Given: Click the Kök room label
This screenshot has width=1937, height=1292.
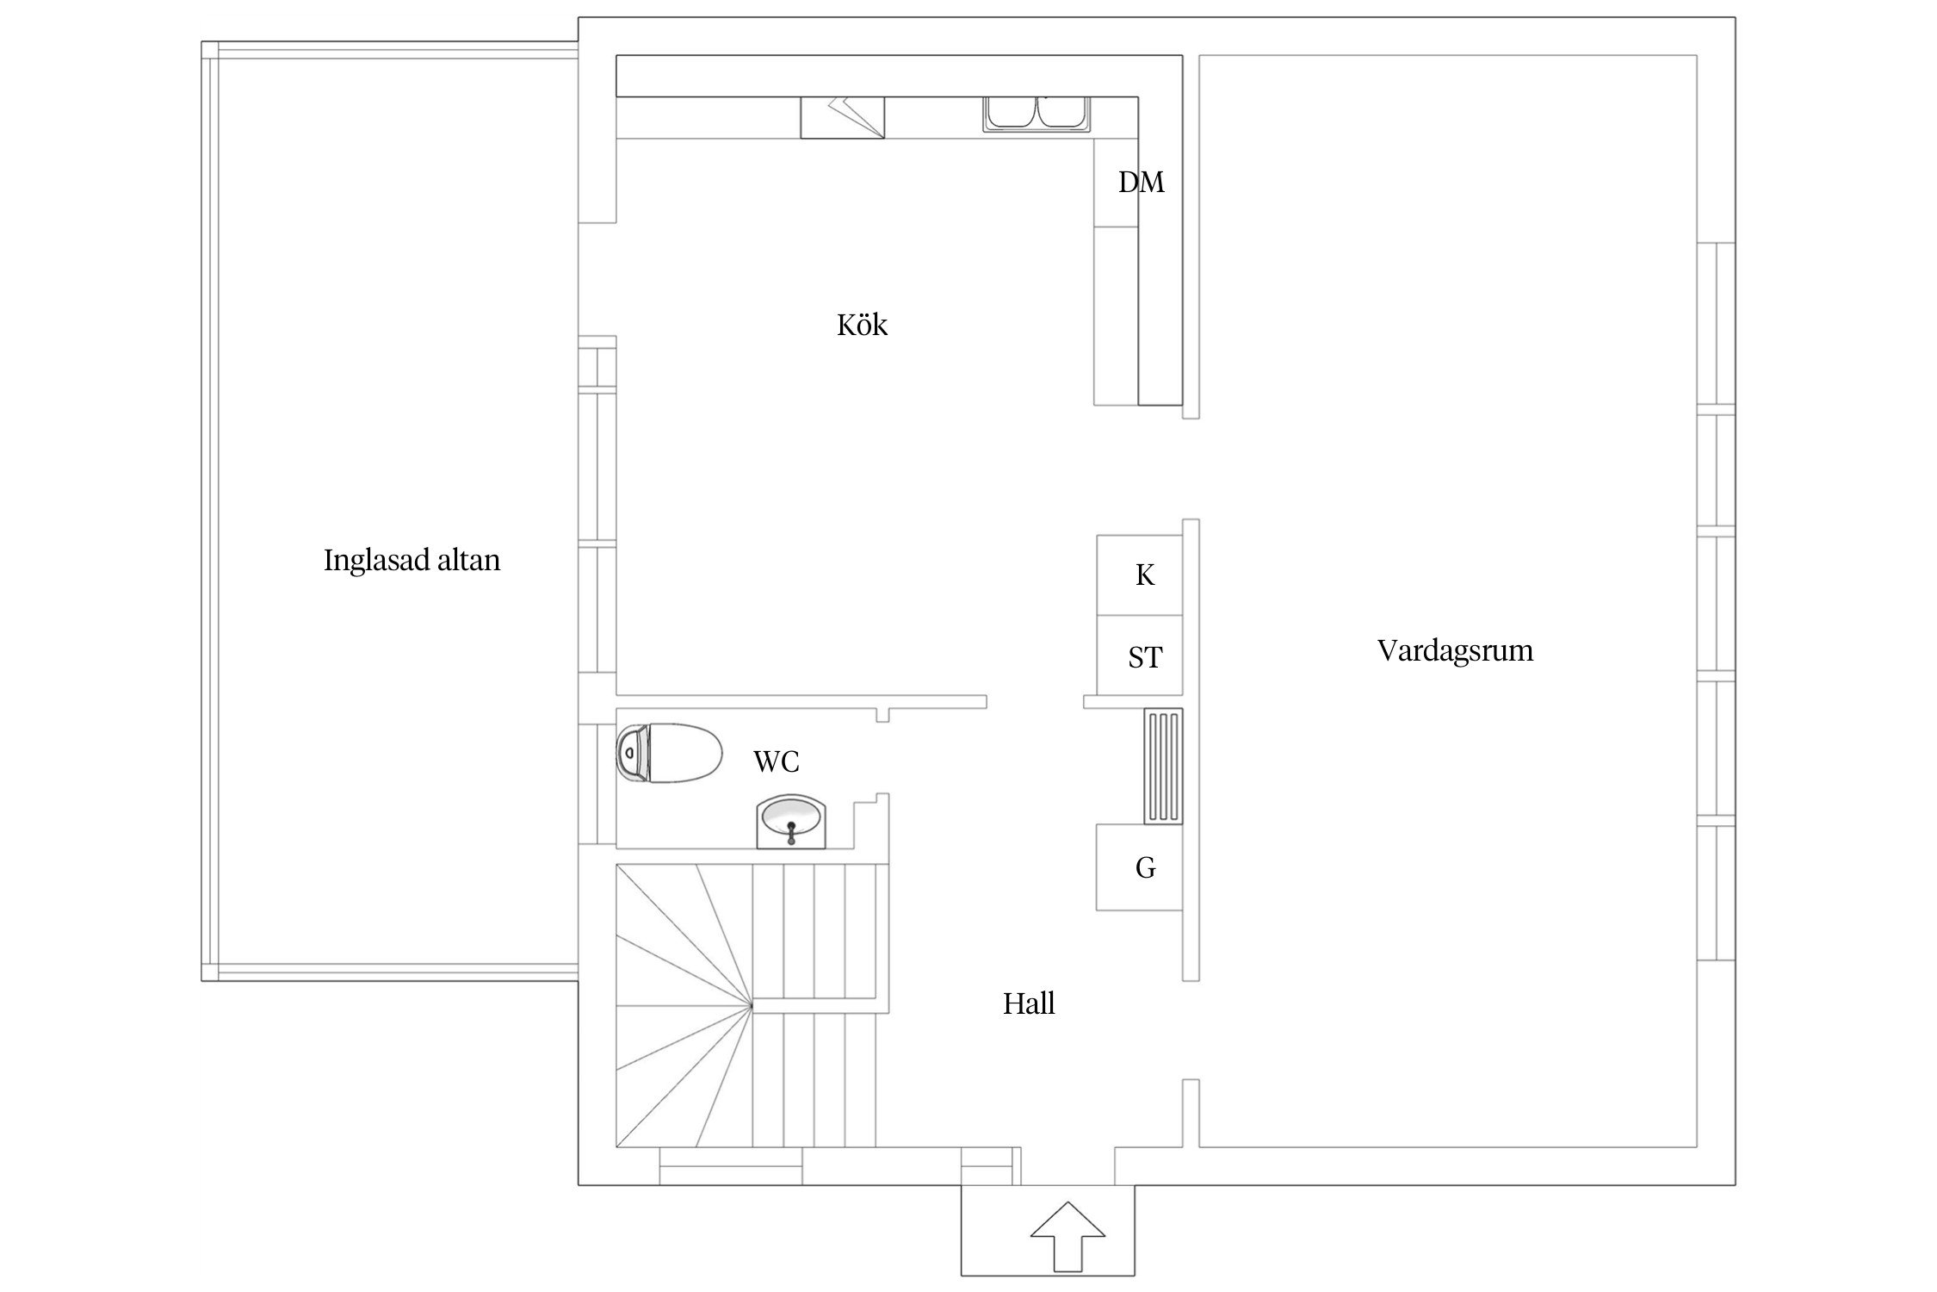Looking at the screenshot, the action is coord(862,326).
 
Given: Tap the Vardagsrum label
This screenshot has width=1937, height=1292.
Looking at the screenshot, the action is coord(1455,650).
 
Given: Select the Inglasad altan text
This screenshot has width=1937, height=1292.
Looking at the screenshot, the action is coord(412,561).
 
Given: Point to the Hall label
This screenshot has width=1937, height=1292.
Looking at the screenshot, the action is coord(1029,1003).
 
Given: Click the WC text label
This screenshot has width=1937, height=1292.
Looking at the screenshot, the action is coord(777,761).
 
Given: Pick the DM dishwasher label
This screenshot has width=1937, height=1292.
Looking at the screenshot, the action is coord(1142,183).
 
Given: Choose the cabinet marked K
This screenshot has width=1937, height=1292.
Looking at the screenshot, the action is coord(1139,575).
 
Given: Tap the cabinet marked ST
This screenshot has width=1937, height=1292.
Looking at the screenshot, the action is coord(1139,655).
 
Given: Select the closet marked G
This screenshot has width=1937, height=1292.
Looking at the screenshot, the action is coord(1139,867).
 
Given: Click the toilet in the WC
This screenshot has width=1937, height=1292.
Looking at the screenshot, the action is coord(669,753).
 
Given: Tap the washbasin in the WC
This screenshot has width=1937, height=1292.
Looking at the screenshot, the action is coord(791,822).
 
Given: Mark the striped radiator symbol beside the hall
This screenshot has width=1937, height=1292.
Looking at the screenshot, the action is coord(1163,766).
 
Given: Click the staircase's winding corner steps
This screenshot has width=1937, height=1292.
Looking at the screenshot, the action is coord(685,1005).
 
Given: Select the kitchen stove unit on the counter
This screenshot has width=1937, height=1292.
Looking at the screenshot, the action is coord(843,117).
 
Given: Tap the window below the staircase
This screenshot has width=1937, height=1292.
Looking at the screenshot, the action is coord(731,1166).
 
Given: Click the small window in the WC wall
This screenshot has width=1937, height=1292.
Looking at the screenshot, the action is coord(597,783).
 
